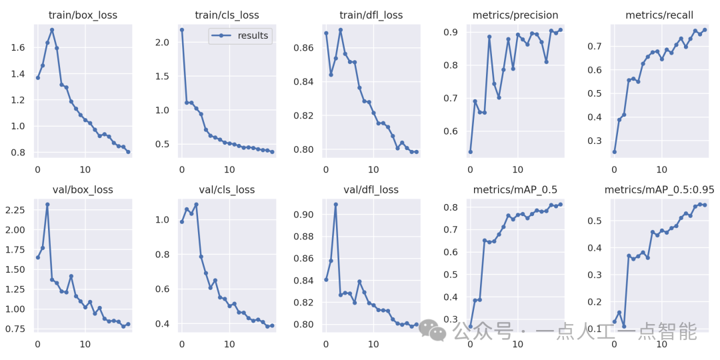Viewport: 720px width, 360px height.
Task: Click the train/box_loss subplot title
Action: point(84,15)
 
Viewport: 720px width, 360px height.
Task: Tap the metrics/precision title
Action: point(515,15)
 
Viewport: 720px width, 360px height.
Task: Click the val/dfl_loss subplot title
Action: point(372,189)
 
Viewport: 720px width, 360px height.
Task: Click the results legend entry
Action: point(253,36)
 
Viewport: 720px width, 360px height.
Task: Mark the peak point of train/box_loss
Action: point(52,30)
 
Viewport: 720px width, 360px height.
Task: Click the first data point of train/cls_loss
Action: point(182,30)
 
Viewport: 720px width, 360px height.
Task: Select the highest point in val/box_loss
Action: point(47,205)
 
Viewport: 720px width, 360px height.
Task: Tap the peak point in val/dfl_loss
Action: point(335,205)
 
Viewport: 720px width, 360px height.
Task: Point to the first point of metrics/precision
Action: point(470,152)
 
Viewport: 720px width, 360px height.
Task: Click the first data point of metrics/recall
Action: point(614,152)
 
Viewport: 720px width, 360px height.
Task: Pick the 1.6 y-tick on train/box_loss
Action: point(17,48)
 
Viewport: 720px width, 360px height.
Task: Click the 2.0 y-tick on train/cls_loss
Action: point(162,41)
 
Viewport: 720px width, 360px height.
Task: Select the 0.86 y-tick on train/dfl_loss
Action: point(303,48)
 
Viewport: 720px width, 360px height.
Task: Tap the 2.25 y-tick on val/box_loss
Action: point(15,210)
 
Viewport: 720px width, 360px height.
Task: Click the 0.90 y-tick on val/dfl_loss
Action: point(303,215)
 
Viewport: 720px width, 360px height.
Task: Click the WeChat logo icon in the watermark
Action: point(438,331)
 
